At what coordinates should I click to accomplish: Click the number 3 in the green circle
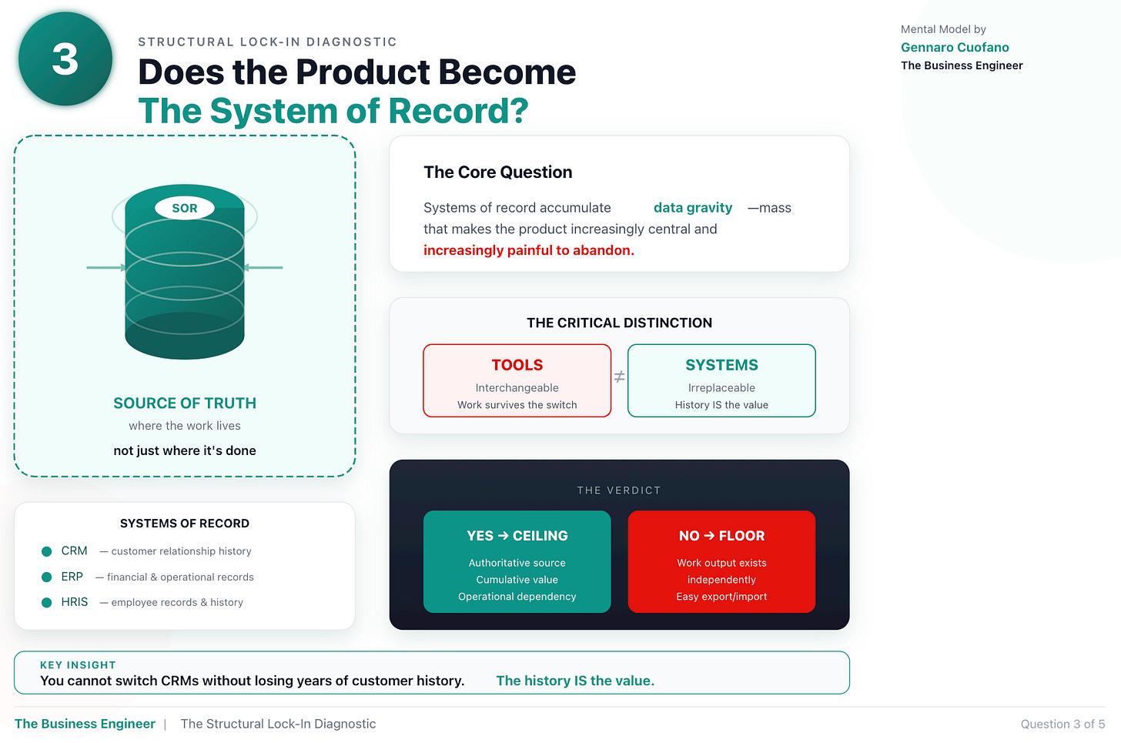coord(65,59)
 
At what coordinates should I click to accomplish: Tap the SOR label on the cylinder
coord(185,208)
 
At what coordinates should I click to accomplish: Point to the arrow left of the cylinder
coord(107,268)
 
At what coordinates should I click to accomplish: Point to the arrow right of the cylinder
coord(263,268)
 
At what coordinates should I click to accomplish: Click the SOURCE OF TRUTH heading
coord(185,403)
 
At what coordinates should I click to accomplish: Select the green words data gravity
coord(692,208)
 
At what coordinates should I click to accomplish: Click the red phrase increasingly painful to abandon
coord(528,250)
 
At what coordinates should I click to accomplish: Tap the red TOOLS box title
coord(517,365)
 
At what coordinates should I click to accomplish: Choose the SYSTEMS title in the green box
coord(721,365)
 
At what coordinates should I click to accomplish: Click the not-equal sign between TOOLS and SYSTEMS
coord(619,377)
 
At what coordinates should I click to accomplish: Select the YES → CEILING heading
coord(517,536)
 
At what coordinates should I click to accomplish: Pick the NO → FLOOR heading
coord(721,536)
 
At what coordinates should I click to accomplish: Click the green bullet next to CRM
coord(46,551)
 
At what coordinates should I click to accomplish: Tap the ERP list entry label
coord(72,577)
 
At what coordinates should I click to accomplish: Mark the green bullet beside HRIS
coord(46,602)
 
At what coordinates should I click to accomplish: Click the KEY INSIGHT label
coord(78,665)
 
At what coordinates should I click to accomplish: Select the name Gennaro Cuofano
coord(955,47)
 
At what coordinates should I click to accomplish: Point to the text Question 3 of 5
coord(1062,724)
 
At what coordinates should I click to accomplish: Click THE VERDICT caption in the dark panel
coord(619,490)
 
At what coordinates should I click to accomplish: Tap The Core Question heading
coord(497,172)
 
